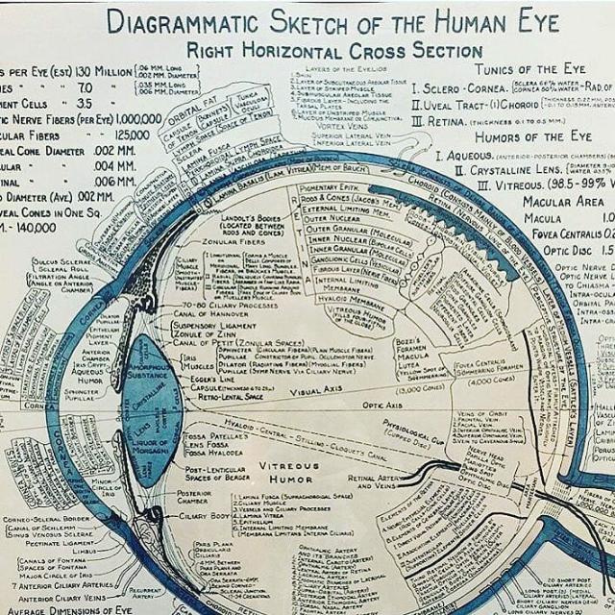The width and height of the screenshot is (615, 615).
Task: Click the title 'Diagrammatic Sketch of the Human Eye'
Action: click(332, 20)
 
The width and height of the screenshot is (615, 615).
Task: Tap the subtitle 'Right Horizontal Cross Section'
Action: click(334, 50)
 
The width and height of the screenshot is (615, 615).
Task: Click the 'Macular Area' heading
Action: click(563, 201)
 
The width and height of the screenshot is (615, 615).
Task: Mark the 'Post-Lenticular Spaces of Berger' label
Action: click(217, 475)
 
